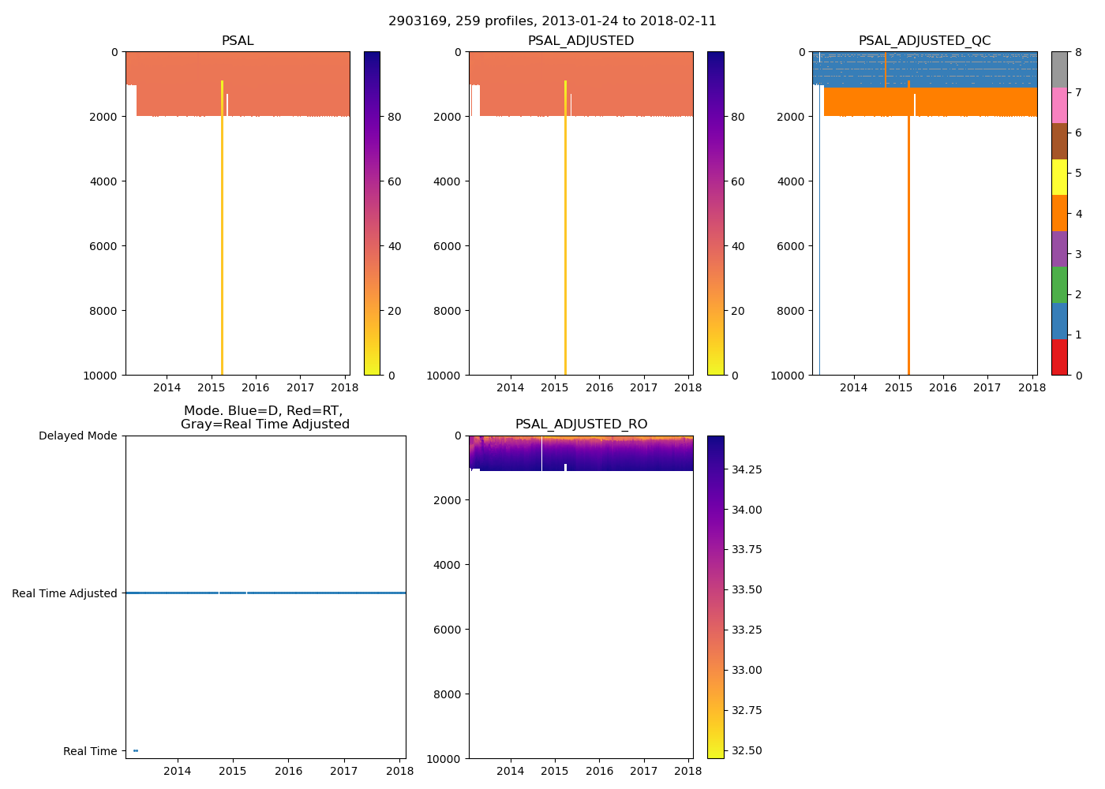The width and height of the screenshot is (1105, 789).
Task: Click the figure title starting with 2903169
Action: pos(552,21)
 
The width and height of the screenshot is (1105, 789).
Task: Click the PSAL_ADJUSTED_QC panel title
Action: pos(924,41)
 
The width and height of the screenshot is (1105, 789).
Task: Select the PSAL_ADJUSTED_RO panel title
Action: pos(581,424)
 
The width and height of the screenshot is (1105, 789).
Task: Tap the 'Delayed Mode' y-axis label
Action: pos(77,436)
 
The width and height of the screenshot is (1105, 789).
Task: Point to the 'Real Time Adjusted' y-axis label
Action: pos(65,593)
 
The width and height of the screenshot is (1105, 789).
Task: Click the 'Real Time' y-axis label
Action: pos(90,751)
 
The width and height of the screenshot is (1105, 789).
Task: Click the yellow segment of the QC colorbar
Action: pos(1059,178)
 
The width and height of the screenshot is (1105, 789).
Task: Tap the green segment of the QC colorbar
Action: pos(1059,285)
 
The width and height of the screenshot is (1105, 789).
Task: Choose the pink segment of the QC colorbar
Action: pos(1059,106)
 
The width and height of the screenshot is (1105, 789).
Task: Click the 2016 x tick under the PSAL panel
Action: pos(256,387)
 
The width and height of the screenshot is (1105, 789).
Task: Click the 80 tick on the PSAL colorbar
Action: pos(395,117)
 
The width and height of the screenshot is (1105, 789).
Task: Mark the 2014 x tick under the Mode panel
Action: pos(177,771)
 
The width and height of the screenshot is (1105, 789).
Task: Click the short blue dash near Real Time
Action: pos(136,750)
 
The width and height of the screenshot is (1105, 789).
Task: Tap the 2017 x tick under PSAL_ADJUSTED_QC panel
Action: pos(987,387)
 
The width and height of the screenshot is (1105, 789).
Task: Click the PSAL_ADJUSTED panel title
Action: pos(581,41)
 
